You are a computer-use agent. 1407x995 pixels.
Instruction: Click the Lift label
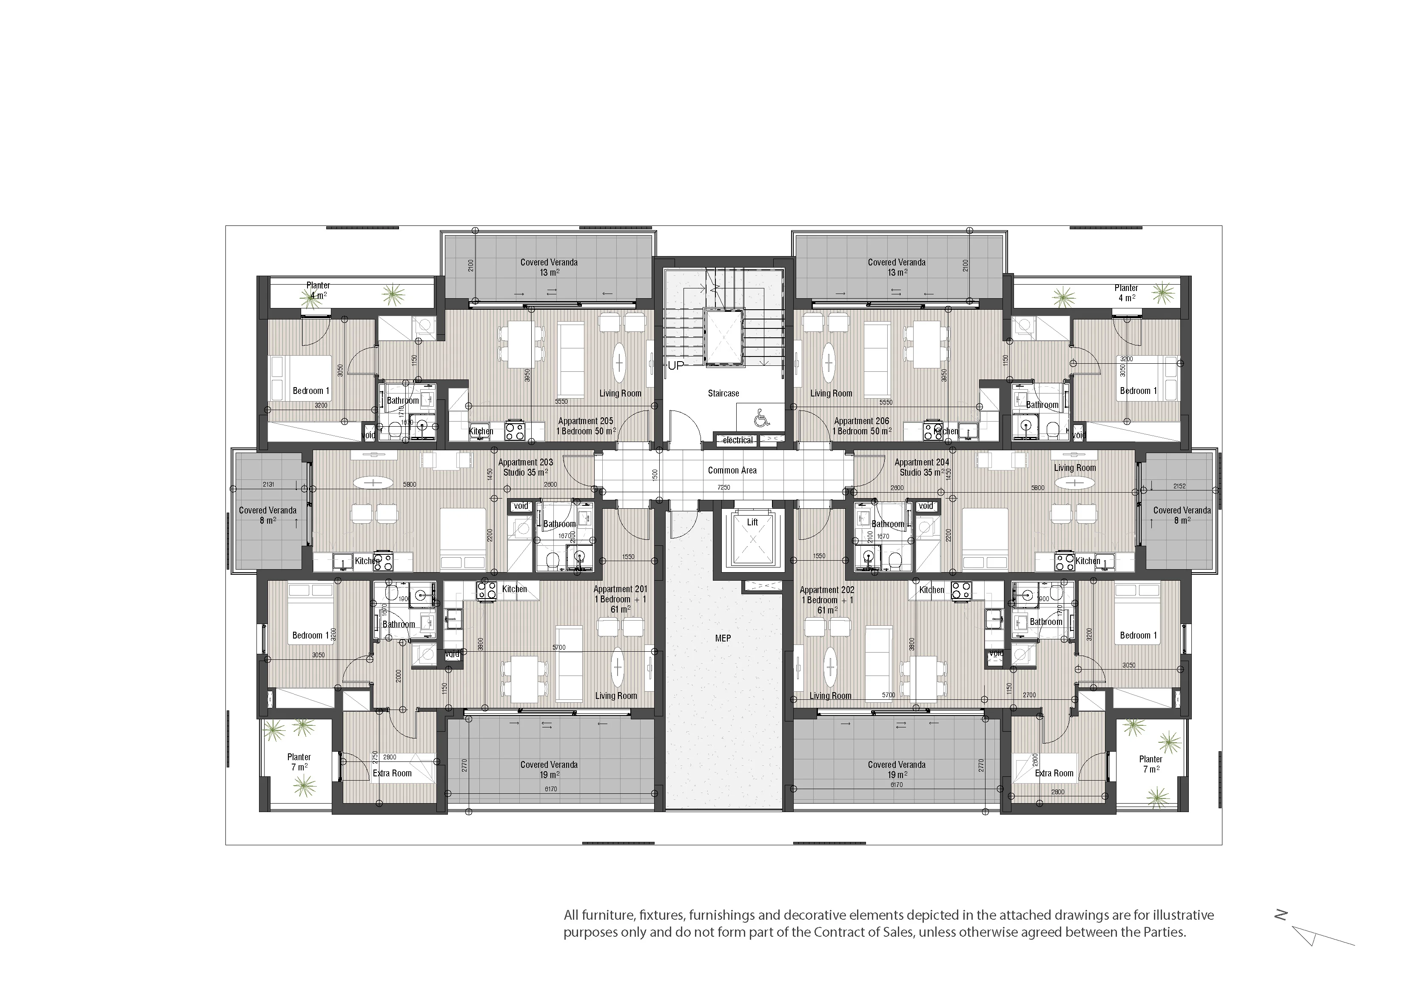[x=752, y=522]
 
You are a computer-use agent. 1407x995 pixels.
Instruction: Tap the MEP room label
[x=723, y=638]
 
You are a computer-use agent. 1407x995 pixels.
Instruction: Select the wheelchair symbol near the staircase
[x=760, y=419]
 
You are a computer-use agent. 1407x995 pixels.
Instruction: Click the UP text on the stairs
[x=675, y=365]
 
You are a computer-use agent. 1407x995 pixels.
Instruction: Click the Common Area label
[x=732, y=470]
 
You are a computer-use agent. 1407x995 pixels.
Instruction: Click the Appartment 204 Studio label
[x=922, y=467]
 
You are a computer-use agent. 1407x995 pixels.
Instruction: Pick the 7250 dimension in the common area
[x=724, y=488]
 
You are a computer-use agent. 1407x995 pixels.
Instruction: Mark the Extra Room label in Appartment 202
[x=1054, y=774]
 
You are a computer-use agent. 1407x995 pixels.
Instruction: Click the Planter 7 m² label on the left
[x=299, y=762]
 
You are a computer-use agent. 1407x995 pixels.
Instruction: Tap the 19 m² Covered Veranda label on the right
[x=897, y=770]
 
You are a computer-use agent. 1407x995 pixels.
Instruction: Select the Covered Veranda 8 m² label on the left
[x=268, y=515]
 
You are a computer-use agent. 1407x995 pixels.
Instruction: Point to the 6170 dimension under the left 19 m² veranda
[x=550, y=789]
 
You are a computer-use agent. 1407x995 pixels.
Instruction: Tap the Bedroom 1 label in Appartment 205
[x=310, y=391]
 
